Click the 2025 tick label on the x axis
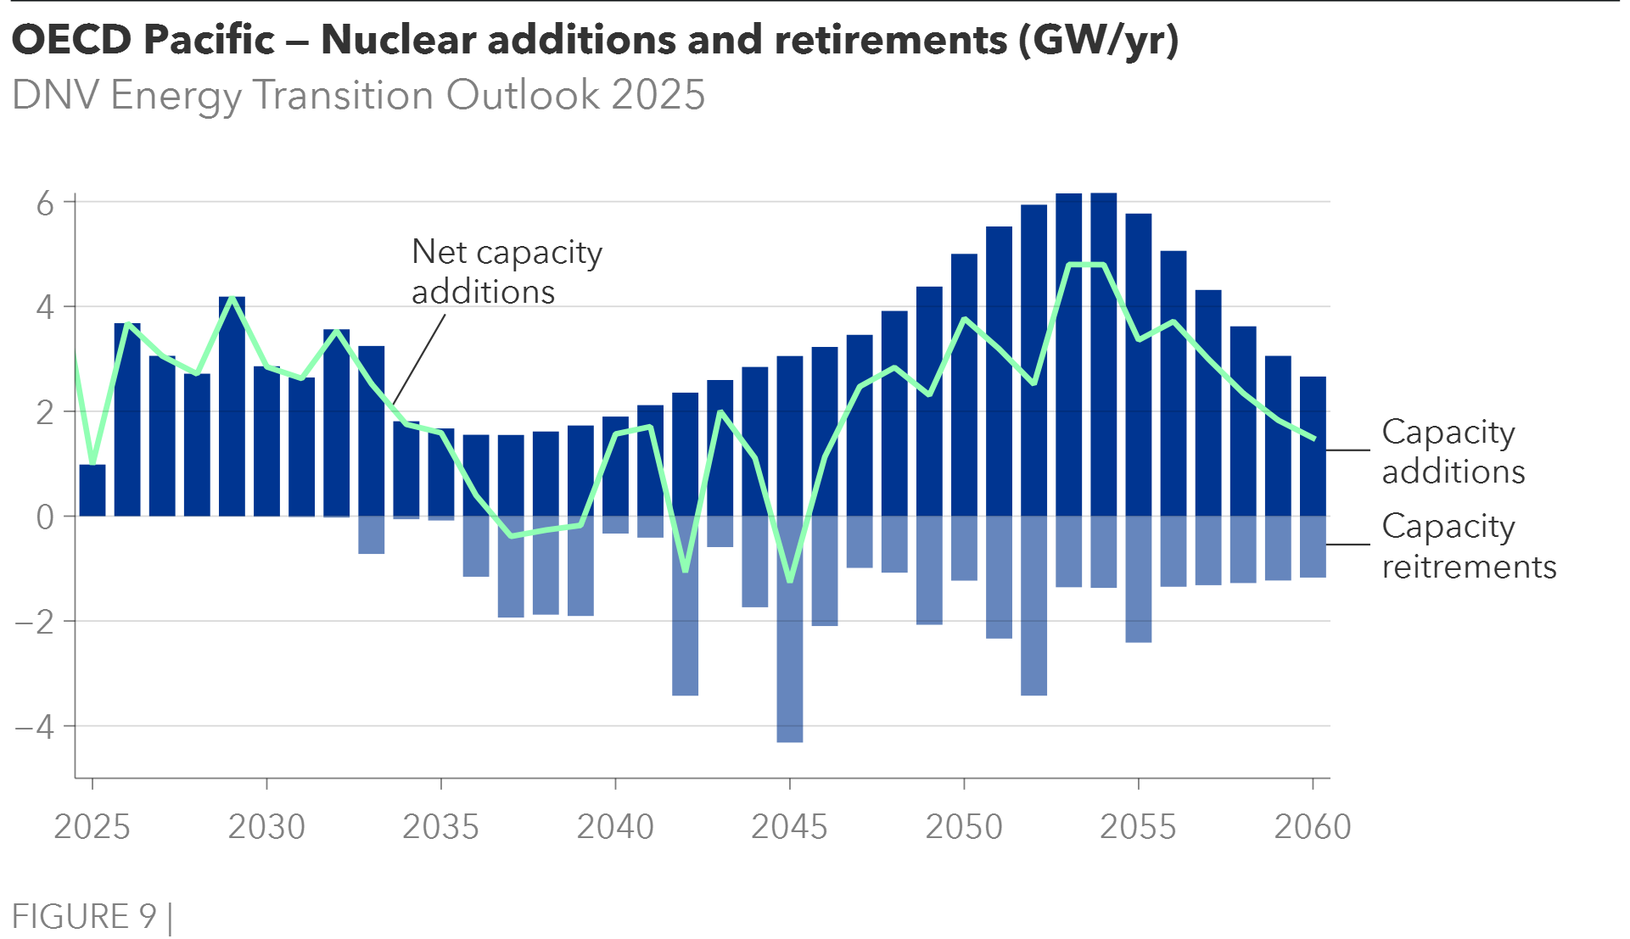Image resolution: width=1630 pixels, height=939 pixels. (x=92, y=827)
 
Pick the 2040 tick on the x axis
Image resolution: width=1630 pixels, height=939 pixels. (x=615, y=827)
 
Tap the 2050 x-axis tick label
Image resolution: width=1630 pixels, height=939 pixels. (x=964, y=827)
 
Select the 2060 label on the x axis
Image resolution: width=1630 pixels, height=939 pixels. (x=1313, y=827)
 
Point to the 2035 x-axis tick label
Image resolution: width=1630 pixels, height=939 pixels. (x=440, y=827)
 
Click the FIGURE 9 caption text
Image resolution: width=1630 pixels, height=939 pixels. (x=84, y=917)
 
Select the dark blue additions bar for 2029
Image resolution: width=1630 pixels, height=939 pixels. (x=232, y=407)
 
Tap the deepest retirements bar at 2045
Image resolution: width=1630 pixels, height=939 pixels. (x=790, y=679)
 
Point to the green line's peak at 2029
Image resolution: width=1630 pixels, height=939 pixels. (x=232, y=299)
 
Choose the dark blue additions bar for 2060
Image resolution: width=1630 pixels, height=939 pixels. (x=1313, y=445)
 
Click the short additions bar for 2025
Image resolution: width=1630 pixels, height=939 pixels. (x=92, y=489)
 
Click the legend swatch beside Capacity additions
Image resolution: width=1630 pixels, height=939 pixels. (x=1348, y=481)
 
